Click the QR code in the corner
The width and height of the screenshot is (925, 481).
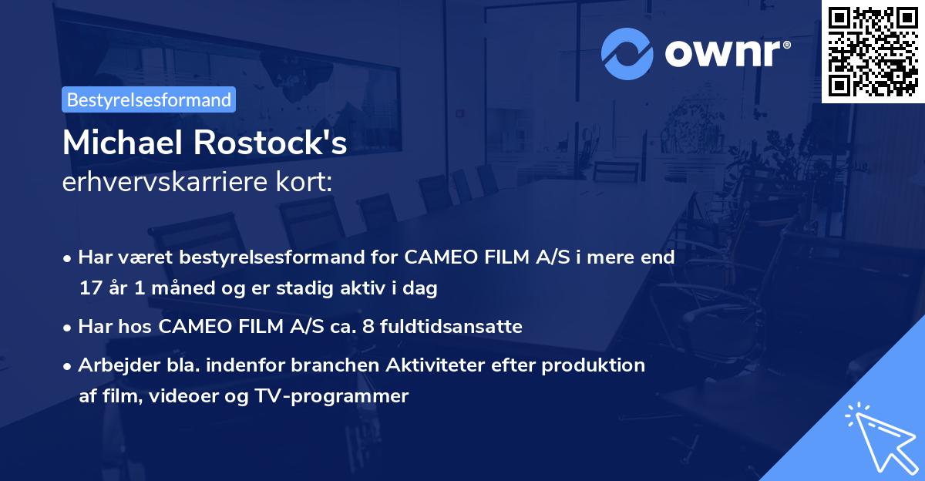point(873,52)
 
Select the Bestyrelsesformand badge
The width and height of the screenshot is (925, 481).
point(149,99)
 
